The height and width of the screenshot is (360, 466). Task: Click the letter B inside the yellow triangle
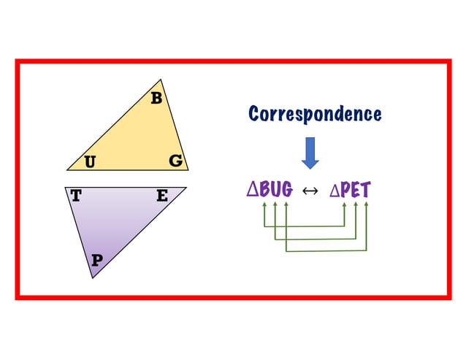(x=156, y=98)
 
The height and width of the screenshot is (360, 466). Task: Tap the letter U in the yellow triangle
(x=90, y=162)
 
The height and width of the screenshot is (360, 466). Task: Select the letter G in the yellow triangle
(x=175, y=161)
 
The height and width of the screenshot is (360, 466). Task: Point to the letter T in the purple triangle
(x=76, y=196)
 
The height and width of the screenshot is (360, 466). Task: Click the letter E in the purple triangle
(x=162, y=196)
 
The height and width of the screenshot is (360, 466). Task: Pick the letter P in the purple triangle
(x=97, y=260)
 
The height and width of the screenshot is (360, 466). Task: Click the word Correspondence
(x=315, y=115)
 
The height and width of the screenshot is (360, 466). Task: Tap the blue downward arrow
(x=310, y=153)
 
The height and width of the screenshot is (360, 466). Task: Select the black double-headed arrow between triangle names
(x=310, y=191)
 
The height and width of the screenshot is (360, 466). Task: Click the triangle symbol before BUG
(x=253, y=190)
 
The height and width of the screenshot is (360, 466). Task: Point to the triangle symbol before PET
(x=335, y=190)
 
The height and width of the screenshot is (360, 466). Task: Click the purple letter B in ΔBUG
(x=265, y=189)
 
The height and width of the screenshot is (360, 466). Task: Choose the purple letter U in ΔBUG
(x=276, y=189)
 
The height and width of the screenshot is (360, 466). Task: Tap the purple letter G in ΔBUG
(x=287, y=189)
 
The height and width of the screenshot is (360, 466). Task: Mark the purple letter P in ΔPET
(x=345, y=190)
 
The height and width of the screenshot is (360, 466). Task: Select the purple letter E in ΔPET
(x=356, y=190)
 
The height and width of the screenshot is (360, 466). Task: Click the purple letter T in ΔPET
(x=365, y=190)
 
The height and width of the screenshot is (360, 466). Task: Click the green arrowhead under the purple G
(x=286, y=204)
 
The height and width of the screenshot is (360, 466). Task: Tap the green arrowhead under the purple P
(x=345, y=204)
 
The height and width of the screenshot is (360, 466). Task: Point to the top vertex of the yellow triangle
(x=161, y=80)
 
